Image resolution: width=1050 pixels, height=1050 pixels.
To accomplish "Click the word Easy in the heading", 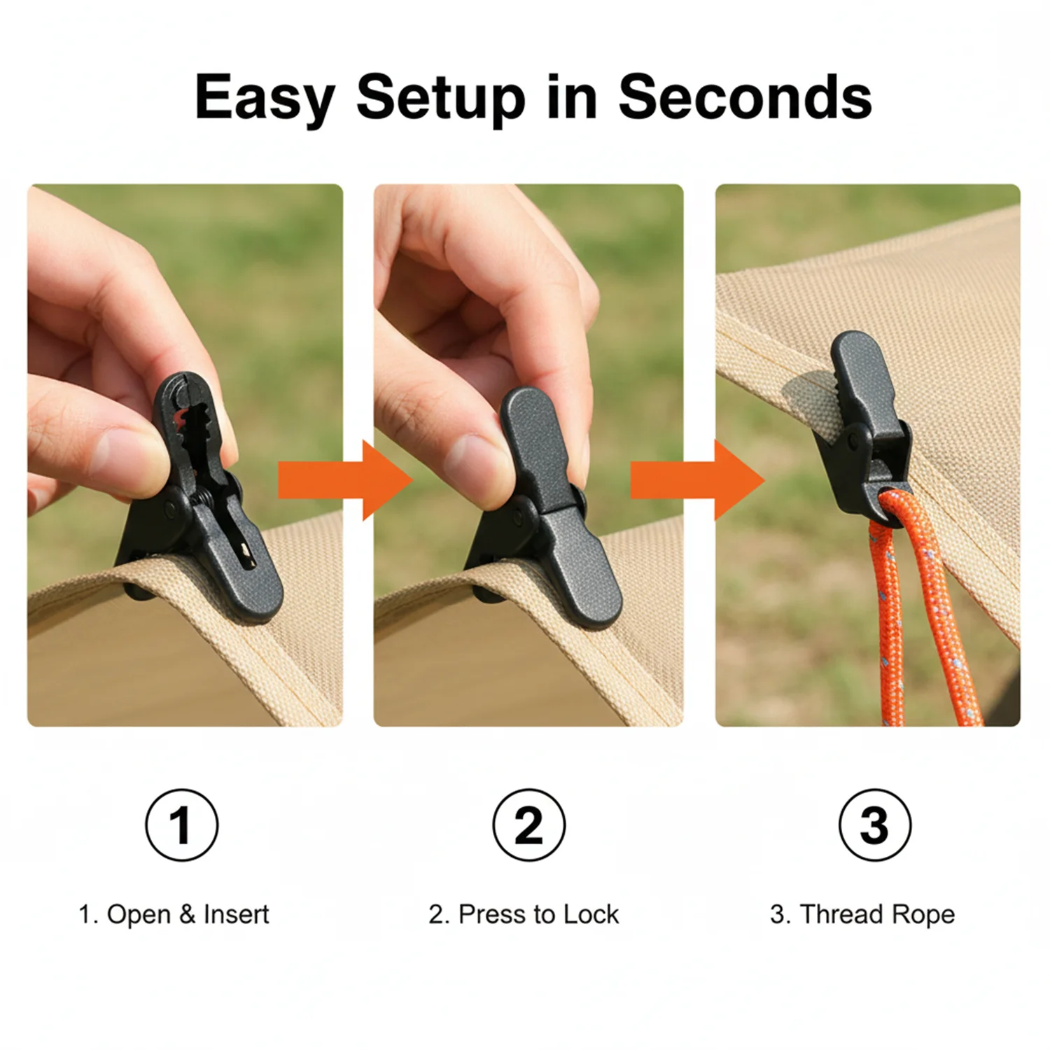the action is click(265, 99).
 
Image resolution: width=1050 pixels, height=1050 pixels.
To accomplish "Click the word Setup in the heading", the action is click(441, 99).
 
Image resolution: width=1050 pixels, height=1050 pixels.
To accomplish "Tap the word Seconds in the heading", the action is click(745, 97).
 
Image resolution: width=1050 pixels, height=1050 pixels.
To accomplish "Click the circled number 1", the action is click(182, 825).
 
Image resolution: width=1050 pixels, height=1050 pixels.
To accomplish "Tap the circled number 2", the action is click(528, 825).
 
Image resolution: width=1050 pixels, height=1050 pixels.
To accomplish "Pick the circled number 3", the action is click(875, 825).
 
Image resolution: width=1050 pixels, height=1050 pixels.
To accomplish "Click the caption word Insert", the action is click(236, 914).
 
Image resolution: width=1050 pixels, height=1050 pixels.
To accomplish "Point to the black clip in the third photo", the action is click(865, 427).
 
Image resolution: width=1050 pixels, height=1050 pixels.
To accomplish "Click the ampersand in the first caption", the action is click(187, 914).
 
